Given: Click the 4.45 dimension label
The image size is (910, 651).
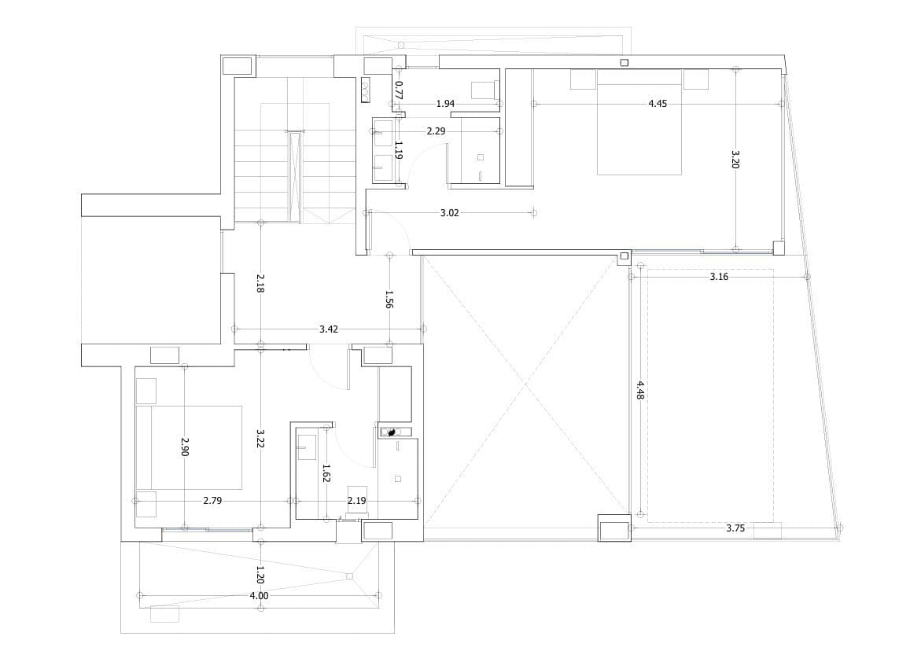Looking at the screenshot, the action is [658, 104].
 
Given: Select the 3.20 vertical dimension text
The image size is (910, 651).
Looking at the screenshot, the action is [735, 159].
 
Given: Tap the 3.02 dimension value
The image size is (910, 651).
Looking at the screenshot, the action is [449, 213].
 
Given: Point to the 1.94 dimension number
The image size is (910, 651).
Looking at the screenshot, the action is [445, 104].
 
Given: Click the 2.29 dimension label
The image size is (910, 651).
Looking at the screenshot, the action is [436, 131].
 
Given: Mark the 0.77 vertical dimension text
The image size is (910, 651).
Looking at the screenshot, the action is [399, 90].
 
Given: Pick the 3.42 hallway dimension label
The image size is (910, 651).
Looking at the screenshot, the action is [329, 329].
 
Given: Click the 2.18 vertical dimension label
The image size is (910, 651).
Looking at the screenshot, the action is [260, 282].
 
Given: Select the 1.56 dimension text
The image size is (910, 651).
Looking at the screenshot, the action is [389, 299].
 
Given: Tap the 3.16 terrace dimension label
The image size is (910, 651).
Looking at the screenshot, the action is [719, 277].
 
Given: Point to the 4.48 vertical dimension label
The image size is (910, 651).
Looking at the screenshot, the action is [639, 390].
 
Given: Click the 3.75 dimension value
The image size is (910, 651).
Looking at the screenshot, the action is [735, 528].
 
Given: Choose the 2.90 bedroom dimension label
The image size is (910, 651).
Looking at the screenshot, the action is [184, 447].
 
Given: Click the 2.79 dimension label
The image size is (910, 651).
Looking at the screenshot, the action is [212, 500].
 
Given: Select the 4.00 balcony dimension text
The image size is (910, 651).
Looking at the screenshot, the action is [259, 595].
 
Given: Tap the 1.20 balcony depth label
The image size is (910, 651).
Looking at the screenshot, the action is [260, 575].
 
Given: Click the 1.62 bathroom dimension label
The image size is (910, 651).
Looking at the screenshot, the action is [326, 473].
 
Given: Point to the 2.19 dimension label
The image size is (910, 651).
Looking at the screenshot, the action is [357, 500].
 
